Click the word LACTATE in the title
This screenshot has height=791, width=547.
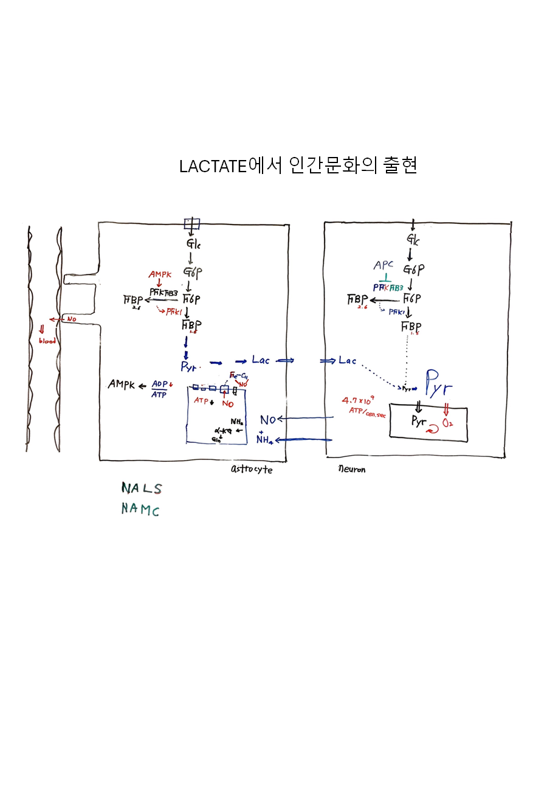(213, 166)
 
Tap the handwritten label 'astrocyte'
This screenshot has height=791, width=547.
(252, 470)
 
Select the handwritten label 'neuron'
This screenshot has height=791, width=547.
(352, 470)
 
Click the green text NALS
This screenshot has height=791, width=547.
(142, 488)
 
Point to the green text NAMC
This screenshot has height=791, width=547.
(140, 509)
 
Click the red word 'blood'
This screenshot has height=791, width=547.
(47, 341)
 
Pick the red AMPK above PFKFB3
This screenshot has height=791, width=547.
(160, 275)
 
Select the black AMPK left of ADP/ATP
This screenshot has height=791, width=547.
(122, 385)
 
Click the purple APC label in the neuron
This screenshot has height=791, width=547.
(384, 266)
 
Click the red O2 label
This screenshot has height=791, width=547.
(448, 422)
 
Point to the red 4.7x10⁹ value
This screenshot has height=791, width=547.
(358, 402)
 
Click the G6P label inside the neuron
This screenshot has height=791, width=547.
(413, 269)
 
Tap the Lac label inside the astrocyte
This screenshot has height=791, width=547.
(261, 360)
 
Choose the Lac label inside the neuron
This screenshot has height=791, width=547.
(348, 361)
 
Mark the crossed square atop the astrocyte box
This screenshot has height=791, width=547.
(192, 223)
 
